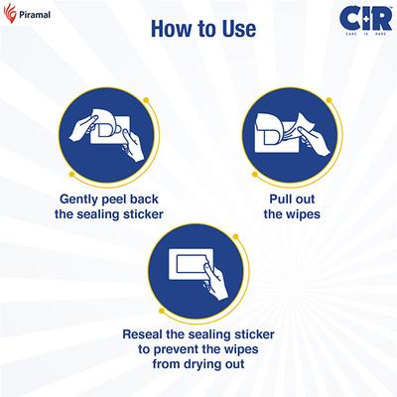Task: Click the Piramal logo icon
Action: point(10,13)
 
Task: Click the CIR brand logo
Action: point(365,21)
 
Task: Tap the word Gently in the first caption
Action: point(79,199)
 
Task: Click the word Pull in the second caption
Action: point(278,199)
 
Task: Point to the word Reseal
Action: point(143,334)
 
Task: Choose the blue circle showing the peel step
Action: point(107,135)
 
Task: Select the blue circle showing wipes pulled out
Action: point(290,135)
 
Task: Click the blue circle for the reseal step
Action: point(197,272)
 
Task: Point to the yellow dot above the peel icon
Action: point(146,99)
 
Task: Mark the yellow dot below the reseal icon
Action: point(162,311)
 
